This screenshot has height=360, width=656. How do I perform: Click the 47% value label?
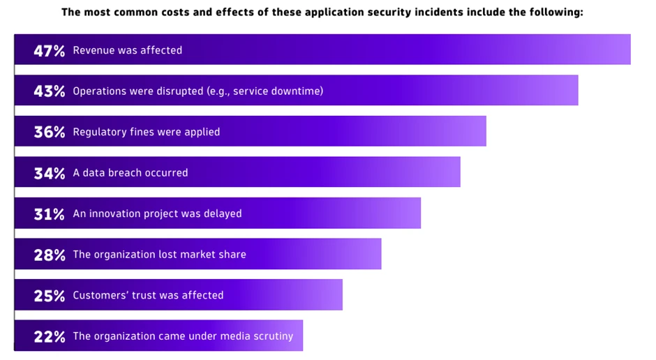coord(49,50)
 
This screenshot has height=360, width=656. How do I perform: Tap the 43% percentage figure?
coord(49,91)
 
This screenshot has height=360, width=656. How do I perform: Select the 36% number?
coord(49,132)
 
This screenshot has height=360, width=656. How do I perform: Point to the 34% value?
coord(49,172)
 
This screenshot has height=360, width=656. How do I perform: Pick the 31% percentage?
coord(49,213)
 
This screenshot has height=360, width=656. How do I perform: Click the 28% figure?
coord(49,255)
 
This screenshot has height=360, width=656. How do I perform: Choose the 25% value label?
coord(49,295)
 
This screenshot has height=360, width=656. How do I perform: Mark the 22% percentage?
coord(49,336)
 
